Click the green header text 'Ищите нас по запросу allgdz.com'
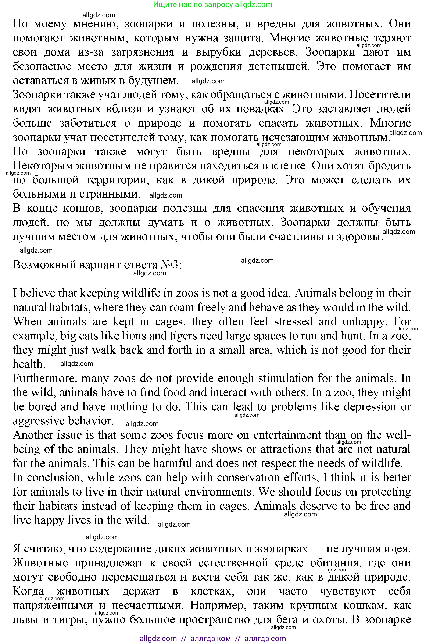coord(212,5)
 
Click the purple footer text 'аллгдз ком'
coord(211,639)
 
